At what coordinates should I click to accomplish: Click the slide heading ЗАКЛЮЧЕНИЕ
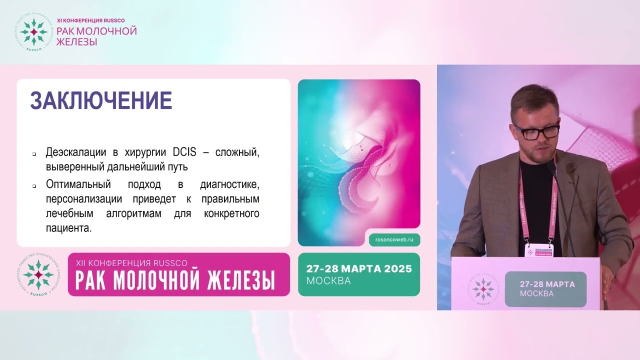pyautogui.click(x=101, y=101)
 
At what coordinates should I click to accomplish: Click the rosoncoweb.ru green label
pyautogui.click(x=394, y=240)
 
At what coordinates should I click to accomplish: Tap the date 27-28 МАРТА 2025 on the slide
pyautogui.click(x=359, y=269)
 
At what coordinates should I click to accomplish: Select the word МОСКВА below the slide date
pyautogui.click(x=328, y=281)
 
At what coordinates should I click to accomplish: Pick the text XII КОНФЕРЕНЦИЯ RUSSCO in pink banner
pyautogui.click(x=131, y=262)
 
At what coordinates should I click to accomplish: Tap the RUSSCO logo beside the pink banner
pyautogui.click(x=38, y=274)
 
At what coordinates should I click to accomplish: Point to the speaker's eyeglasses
pyautogui.click(x=535, y=132)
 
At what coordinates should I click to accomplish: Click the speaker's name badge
pyautogui.click(x=538, y=250)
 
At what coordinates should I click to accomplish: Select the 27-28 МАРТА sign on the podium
pyautogui.click(x=545, y=288)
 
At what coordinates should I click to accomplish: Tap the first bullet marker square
pyautogui.click(x=34, y=154)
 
